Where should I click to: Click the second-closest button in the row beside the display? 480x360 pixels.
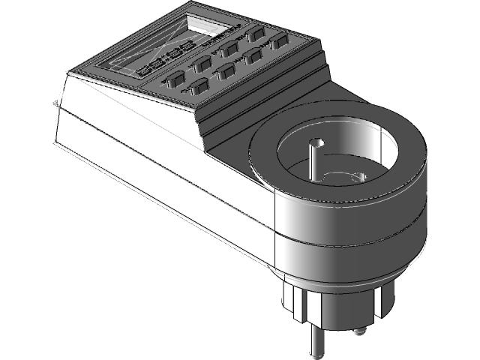(202, 66)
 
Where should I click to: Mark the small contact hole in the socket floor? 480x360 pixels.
(358, 176)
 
